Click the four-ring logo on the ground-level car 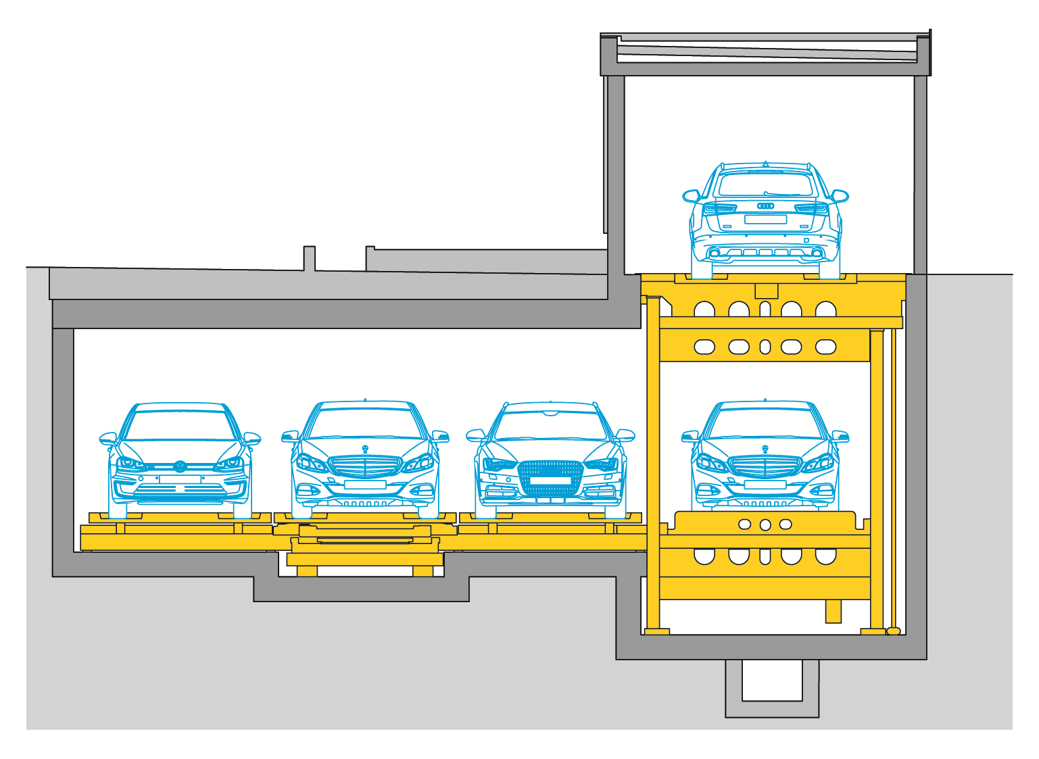[765, 205]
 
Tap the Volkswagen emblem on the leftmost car [180, 466]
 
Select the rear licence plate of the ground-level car [765, 220]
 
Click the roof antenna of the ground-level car [765, 164]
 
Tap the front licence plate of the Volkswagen [180, 479]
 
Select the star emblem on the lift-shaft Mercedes [765, 449]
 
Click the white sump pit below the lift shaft [772, 680]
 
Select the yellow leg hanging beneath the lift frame [833, 611]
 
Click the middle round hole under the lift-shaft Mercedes [765, 524]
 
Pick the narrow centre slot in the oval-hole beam [765, 347]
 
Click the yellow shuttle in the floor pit [365, 549]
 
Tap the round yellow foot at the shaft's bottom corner [893, 631]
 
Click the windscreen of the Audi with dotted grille [550, 426]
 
